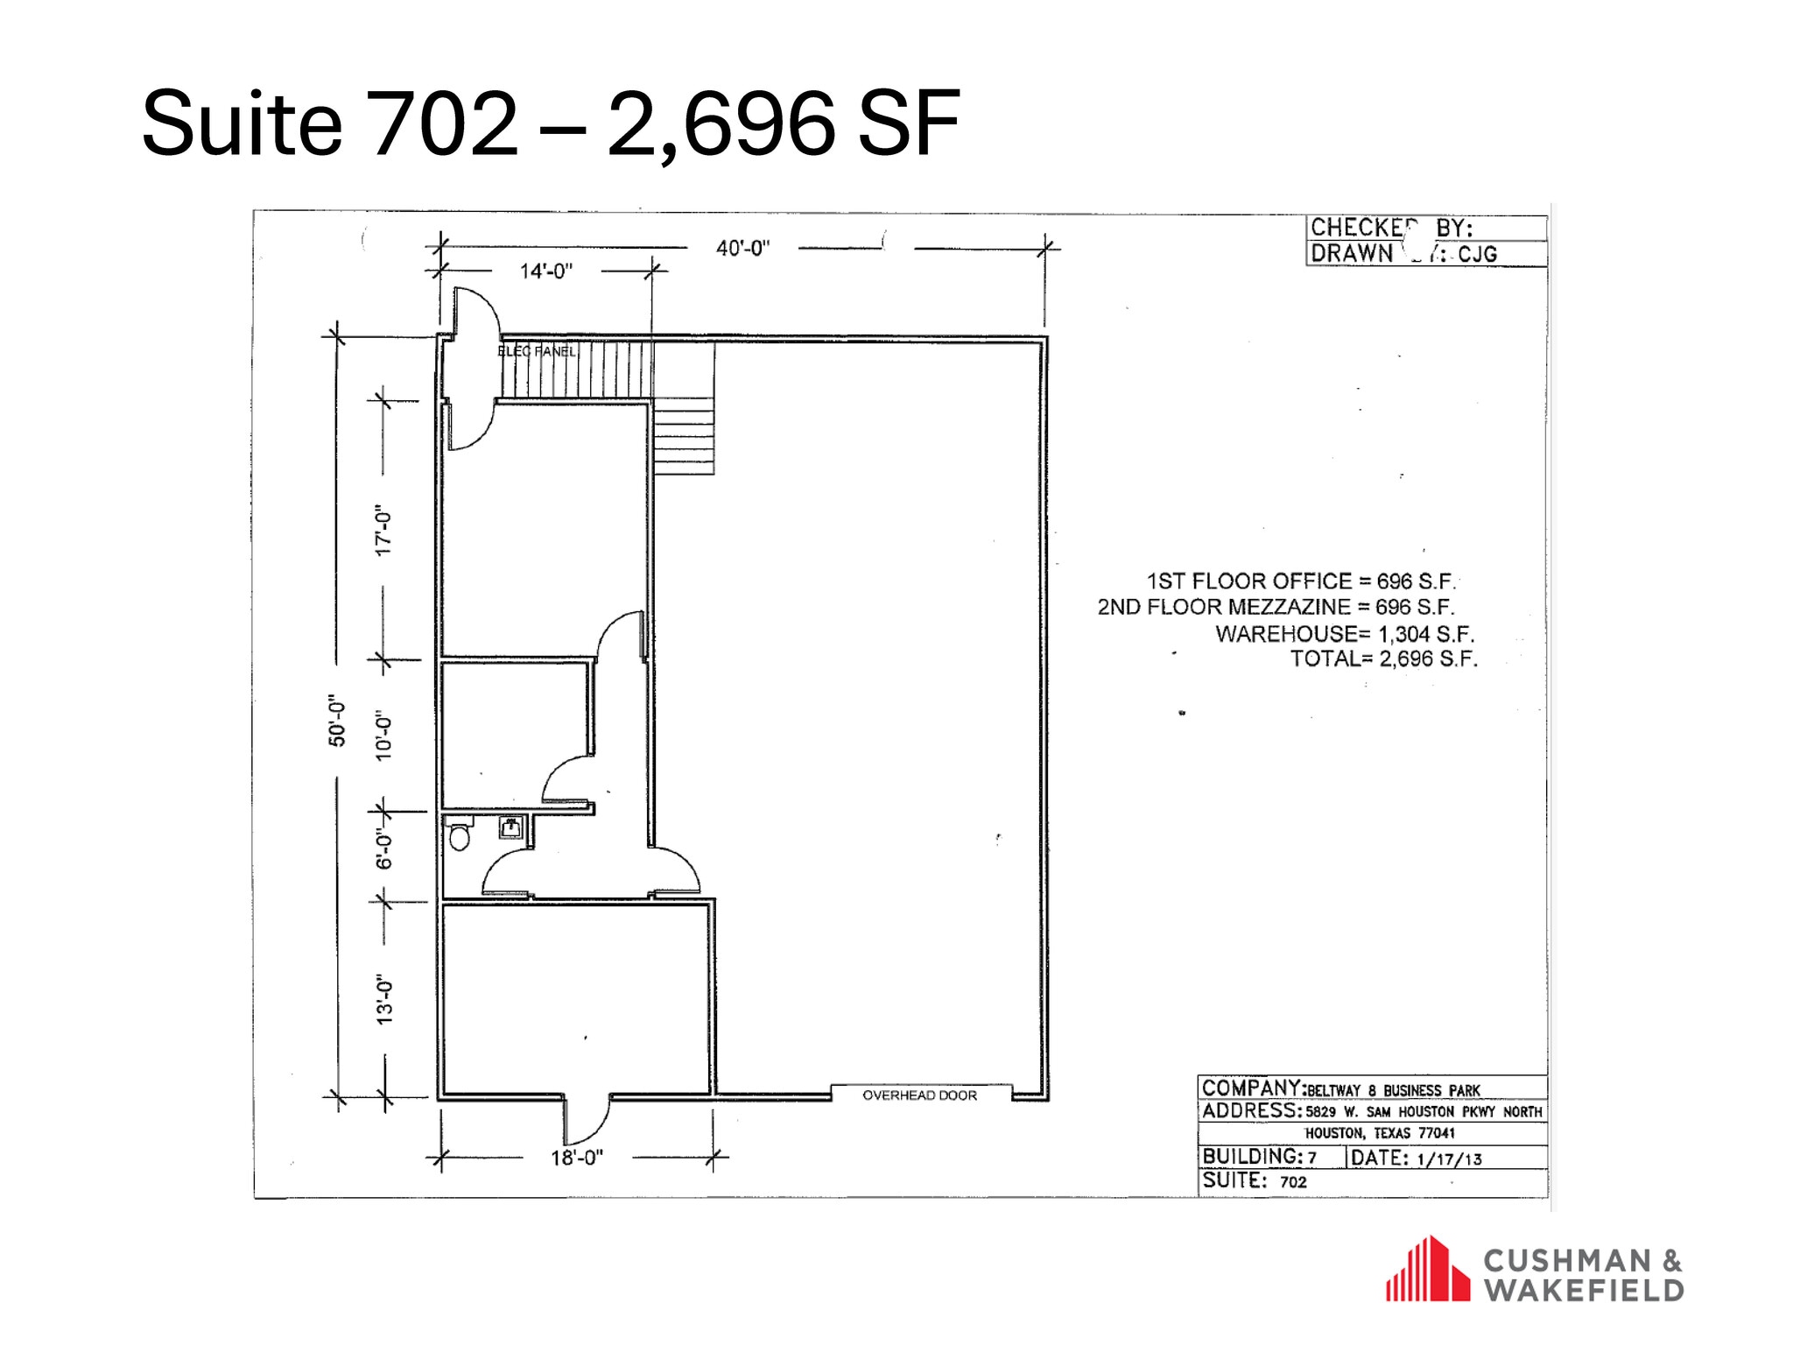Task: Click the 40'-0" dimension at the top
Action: (742, 248)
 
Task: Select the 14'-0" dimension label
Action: (546, 271)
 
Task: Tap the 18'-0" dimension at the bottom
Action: (577, 1158)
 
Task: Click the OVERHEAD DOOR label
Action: (919, 1095)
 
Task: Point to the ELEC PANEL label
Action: (537, 351)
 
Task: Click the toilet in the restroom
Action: (459, 835)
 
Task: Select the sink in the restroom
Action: (511, 827)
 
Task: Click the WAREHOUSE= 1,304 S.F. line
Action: (1345, 633)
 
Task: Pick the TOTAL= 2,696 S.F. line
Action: (1383, 658)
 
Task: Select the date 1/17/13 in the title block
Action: (1448, 1158)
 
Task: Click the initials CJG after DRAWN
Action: (1477, 254)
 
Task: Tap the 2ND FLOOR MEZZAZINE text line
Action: (1276, 607)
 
